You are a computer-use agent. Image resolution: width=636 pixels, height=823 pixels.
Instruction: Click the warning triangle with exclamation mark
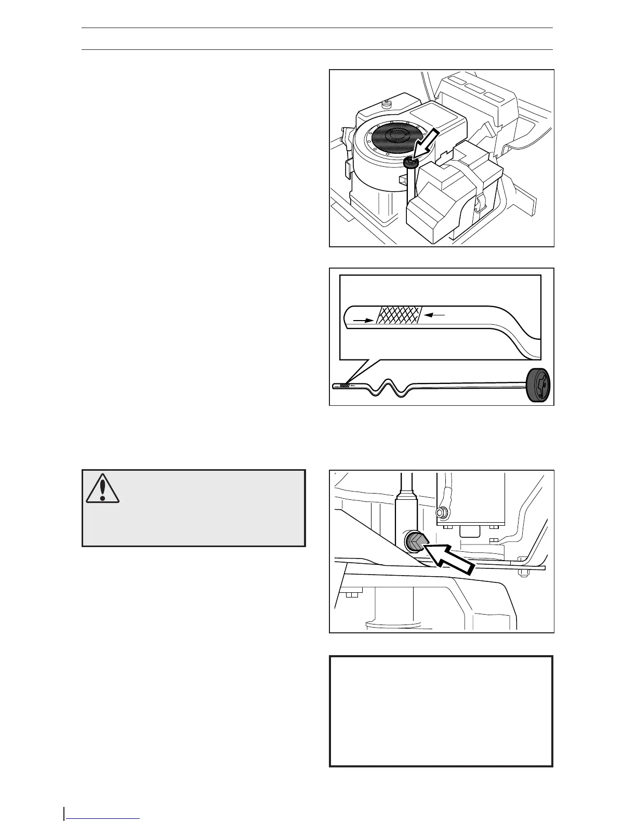(x=103, y=488)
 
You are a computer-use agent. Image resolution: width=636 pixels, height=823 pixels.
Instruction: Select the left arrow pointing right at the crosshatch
(x=363, y=321)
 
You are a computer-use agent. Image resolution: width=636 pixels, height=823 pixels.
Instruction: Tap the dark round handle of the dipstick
(x=538, y=386)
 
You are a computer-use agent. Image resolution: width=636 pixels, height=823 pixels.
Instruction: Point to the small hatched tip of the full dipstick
(x=343, y=386)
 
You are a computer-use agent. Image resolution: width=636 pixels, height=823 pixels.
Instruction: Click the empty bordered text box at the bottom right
(x=441, y=711)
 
